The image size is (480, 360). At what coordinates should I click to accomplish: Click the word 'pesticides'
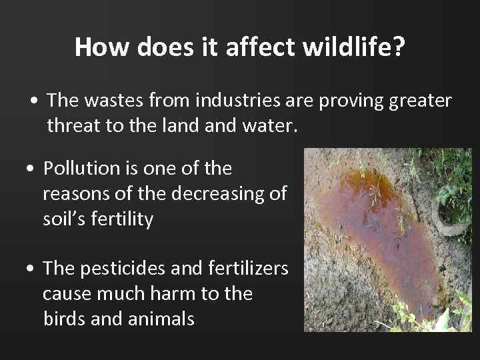131,269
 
